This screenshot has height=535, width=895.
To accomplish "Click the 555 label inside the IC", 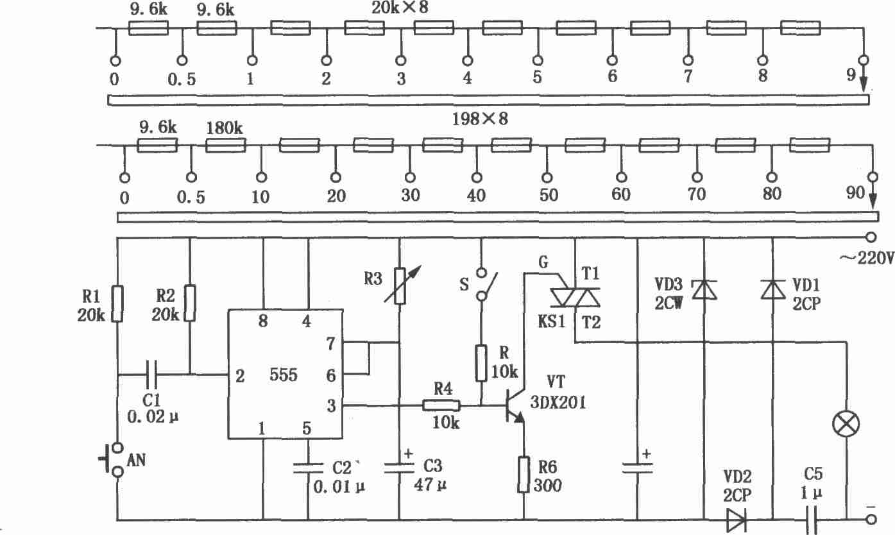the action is coord(284,375).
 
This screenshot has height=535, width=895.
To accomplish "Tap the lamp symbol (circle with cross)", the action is coord(846,424).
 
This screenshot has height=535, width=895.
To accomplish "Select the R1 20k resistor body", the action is coord(117,303).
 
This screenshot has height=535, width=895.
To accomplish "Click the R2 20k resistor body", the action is coord(190,303).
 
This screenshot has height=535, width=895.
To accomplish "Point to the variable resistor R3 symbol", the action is coord(400,285).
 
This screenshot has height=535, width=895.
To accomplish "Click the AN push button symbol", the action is coord(111,460).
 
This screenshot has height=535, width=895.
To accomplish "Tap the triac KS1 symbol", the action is coord(575,298).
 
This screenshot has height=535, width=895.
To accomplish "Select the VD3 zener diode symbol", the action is coord(704,290).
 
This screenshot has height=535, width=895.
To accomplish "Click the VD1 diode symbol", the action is coord(772,290).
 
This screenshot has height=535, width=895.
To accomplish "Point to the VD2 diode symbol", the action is coord(736,520).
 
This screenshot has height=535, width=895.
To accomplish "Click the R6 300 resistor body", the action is coord(524,475).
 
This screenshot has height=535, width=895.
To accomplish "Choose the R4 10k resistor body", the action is coord(441,406).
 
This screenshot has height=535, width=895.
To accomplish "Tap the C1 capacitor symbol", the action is coord(152,375).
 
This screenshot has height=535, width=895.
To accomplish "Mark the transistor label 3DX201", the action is coord(558,402).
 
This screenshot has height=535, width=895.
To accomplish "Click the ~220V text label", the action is coord(866,259).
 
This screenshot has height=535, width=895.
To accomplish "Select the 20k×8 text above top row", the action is coord(400,8).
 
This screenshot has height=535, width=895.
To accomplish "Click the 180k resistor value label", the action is coord(225,128).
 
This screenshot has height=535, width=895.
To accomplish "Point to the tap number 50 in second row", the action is coord(549,195).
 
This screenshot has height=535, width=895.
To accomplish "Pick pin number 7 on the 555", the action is coord(330,344).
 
